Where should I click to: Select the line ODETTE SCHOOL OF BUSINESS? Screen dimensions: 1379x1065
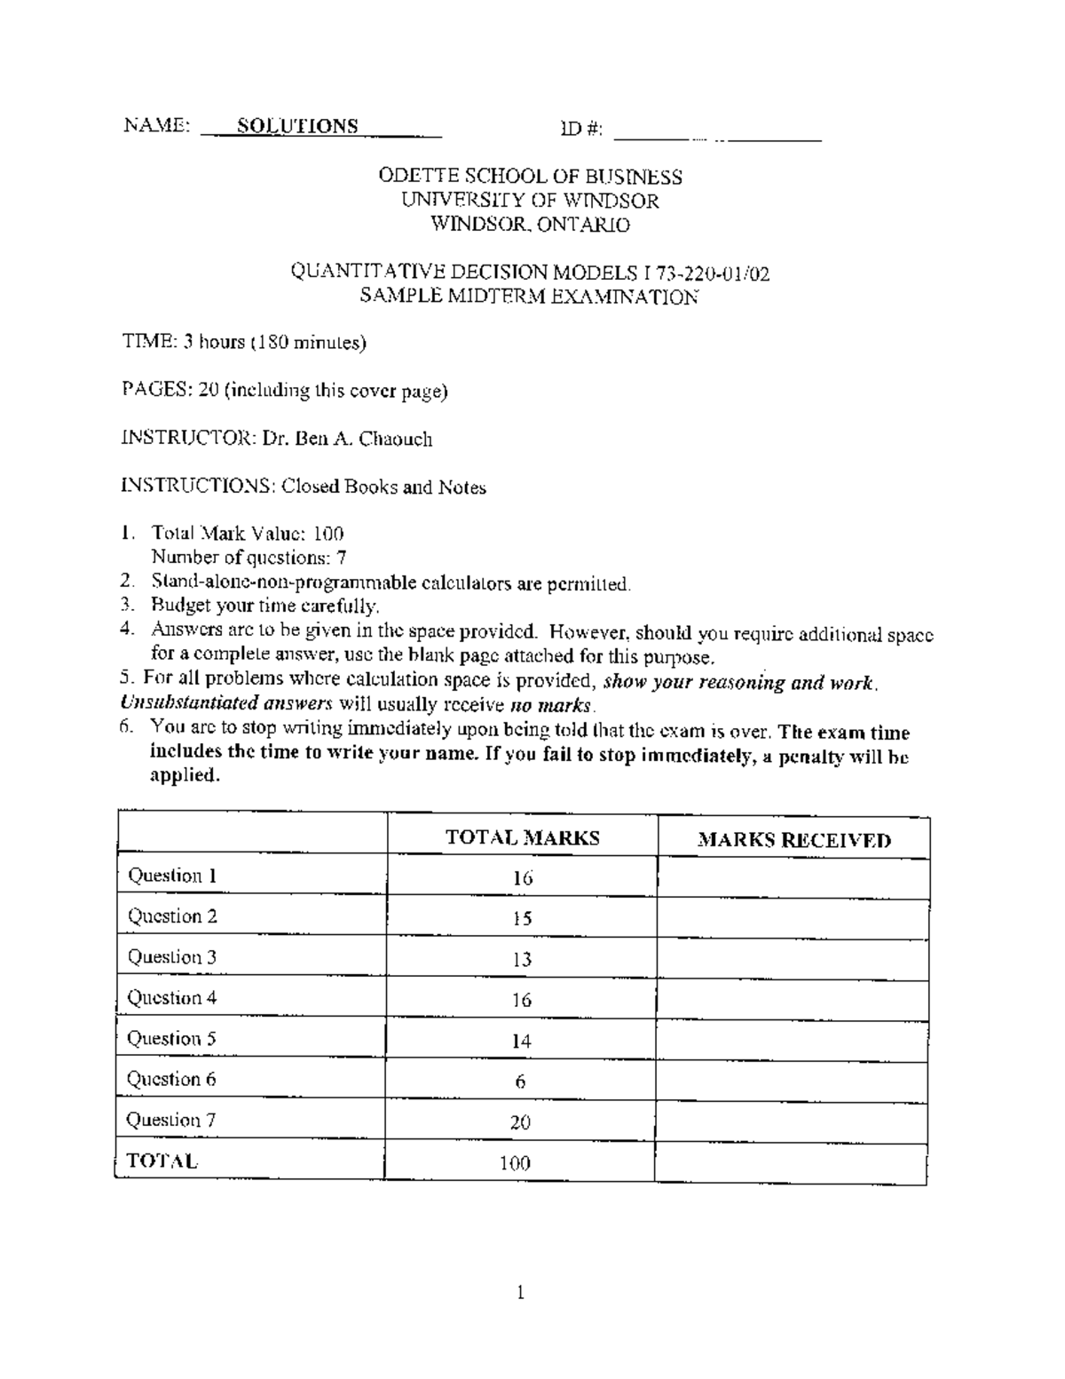530,176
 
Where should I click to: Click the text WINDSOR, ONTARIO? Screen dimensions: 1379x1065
530,225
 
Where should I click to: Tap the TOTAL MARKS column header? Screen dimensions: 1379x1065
522,837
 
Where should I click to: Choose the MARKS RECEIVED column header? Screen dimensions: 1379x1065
793,840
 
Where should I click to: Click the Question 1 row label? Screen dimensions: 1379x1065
172,876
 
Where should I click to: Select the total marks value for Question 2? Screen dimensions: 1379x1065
522,919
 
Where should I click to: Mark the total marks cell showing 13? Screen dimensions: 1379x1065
522,960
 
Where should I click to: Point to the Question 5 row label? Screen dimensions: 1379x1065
171,1039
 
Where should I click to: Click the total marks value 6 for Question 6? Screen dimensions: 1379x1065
521,1082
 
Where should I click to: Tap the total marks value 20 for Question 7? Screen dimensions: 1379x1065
521,1122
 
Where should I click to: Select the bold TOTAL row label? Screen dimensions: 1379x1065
162,1161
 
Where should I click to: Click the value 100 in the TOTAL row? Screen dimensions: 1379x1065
515,1163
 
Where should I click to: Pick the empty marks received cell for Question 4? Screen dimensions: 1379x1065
793,1000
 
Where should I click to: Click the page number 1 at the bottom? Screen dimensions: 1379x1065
521,1293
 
